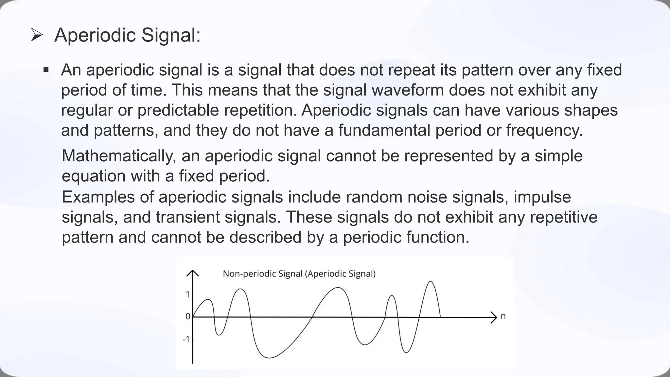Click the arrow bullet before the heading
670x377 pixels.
coord(37,35)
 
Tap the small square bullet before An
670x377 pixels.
coord(46,70)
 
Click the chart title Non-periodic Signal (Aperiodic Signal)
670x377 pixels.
coord(299,274)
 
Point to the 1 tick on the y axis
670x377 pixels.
coord(187,295)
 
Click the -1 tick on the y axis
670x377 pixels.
coord(186,339)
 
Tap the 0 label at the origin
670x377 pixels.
coord(187,316)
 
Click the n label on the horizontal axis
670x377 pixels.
coord(503,316)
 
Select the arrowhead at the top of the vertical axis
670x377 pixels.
coord(193,273)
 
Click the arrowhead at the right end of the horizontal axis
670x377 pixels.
coord(494,317)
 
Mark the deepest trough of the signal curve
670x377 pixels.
coord(269,358)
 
